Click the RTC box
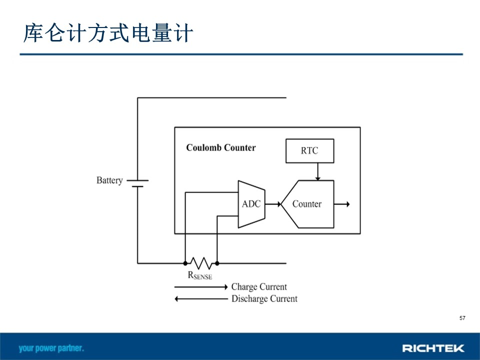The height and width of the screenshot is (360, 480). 309,151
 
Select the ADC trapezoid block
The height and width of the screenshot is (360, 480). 251,204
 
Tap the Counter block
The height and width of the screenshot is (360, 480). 307,204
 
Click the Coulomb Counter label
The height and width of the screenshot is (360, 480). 220,147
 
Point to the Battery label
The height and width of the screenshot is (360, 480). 109,180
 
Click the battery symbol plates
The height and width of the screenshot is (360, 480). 137,183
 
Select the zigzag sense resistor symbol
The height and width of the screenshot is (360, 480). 201,263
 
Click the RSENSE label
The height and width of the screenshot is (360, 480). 200,275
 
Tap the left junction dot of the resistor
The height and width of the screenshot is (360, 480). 185,263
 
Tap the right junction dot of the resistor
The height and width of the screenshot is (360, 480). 217,263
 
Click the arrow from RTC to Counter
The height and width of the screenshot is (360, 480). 318,171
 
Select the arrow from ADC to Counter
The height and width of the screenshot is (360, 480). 273,204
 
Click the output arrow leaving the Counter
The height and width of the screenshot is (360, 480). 342,204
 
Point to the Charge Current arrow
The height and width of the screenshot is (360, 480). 201,287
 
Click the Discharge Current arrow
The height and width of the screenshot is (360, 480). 201,299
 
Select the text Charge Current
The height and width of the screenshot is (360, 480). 259,287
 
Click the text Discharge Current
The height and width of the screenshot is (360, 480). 264,299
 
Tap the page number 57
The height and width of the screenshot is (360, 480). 462,318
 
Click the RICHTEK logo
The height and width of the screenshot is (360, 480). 433,348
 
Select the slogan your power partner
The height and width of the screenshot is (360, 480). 51,348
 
